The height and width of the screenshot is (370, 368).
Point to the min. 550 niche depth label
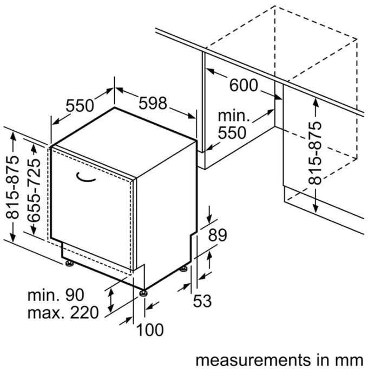[x=232, y=125]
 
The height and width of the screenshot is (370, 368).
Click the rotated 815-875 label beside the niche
[x=314, y=152]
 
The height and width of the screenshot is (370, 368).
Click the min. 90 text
[x=56, y=296]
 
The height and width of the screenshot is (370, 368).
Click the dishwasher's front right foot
[x=143, y=294]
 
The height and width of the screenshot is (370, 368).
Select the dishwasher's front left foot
[x=69, y=264]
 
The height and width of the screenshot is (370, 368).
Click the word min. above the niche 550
[x=234, y=116]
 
